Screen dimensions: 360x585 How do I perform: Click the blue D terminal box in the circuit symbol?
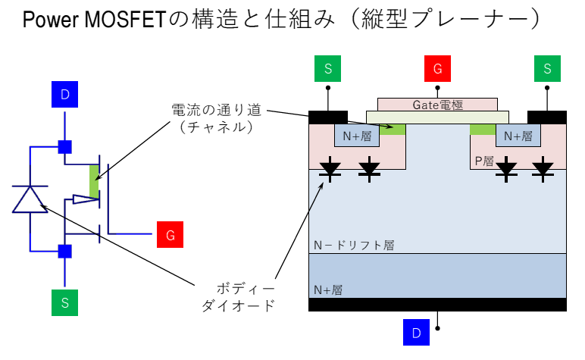point(64,95)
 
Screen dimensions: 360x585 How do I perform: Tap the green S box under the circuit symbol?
point(64,303)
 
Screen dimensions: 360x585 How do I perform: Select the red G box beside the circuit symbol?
point(170,235)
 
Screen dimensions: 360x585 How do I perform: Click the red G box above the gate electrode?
point(437,69)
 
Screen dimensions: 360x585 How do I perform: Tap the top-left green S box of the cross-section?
point(327,69)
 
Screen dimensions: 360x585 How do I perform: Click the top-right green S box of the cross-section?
point(547,69)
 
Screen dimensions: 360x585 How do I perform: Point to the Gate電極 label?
point(438,104)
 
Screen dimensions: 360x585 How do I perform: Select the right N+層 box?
point(518,136)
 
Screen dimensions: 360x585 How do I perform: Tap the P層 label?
point(484,161)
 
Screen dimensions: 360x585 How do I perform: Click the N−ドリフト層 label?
point(354,246)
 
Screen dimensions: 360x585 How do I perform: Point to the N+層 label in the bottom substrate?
point(328,290)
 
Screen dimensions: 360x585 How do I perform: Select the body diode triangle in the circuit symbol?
point(30,199)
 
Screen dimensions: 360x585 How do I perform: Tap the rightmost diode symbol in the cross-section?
point(543,168)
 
